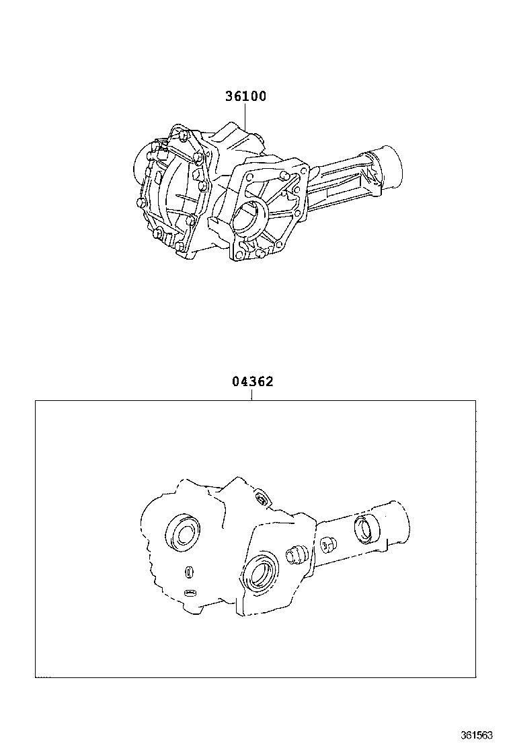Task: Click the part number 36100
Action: pos(245,96)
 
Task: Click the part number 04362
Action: pos(252,382)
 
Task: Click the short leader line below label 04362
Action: pos(252,395)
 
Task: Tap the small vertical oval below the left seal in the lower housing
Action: pos(190,572)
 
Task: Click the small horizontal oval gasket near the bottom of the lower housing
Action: pos(191,593)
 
